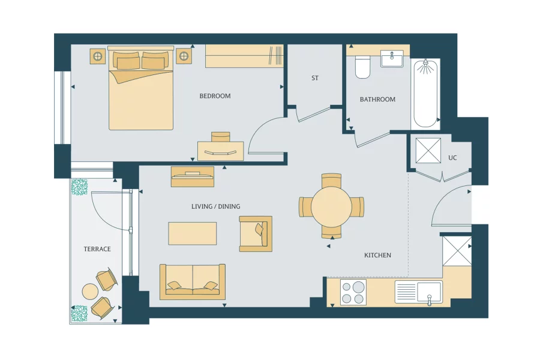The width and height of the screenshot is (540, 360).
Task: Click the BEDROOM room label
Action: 215,96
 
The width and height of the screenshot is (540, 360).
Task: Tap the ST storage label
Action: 315,78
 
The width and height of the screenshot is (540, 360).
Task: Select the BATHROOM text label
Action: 377,99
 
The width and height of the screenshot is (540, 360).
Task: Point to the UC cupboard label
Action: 452,158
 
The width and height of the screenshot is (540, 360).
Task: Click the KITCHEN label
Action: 377,255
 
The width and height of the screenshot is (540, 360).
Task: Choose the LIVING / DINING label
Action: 215,206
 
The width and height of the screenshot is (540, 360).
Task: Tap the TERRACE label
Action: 97,249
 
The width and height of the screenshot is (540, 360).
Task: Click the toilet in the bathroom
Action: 362,67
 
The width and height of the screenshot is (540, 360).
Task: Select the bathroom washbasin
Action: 392,59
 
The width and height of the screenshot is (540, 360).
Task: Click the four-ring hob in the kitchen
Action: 353,293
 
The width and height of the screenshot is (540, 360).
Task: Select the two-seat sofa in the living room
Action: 193,281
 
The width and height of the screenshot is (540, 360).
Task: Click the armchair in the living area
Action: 255,233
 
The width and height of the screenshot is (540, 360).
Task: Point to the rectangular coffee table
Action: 192,233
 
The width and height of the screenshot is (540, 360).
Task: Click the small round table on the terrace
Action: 90,292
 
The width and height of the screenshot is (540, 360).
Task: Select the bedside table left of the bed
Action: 98,56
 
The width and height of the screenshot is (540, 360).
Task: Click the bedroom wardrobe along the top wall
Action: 244,56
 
